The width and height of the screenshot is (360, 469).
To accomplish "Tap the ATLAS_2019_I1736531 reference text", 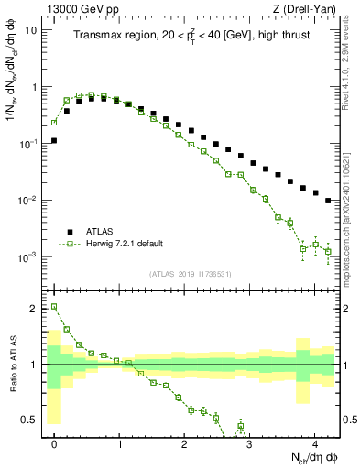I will point(191,273).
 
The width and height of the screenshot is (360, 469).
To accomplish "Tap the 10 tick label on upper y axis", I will point(30,30).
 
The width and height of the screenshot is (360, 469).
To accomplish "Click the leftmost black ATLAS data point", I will point(54,141).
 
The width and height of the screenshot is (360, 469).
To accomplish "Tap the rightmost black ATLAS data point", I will point(328,201).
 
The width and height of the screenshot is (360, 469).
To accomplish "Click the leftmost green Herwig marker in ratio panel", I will point(54,307).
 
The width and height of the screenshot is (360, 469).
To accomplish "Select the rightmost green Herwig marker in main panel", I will point(328,251).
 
